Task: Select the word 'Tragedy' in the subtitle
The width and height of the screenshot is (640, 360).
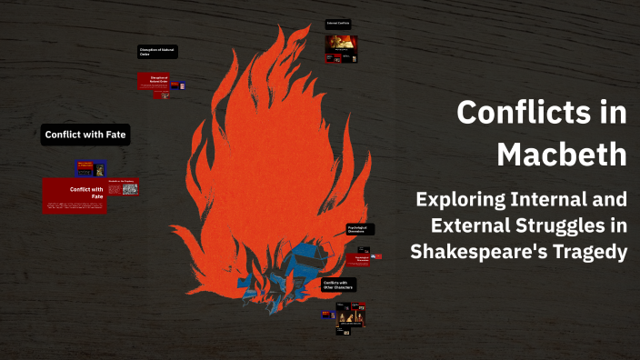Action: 590,251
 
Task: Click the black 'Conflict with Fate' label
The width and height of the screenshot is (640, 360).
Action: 85,135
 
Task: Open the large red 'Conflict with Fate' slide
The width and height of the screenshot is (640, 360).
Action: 75,195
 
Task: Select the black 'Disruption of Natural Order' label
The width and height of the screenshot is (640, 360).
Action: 157,52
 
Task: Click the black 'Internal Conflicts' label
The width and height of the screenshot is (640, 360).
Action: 340,23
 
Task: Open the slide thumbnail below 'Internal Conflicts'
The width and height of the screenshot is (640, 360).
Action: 341,48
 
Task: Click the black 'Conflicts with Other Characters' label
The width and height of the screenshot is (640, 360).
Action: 338,285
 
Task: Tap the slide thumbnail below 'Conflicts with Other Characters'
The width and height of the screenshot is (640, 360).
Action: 351,314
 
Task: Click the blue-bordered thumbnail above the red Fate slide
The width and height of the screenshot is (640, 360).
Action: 91,168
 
